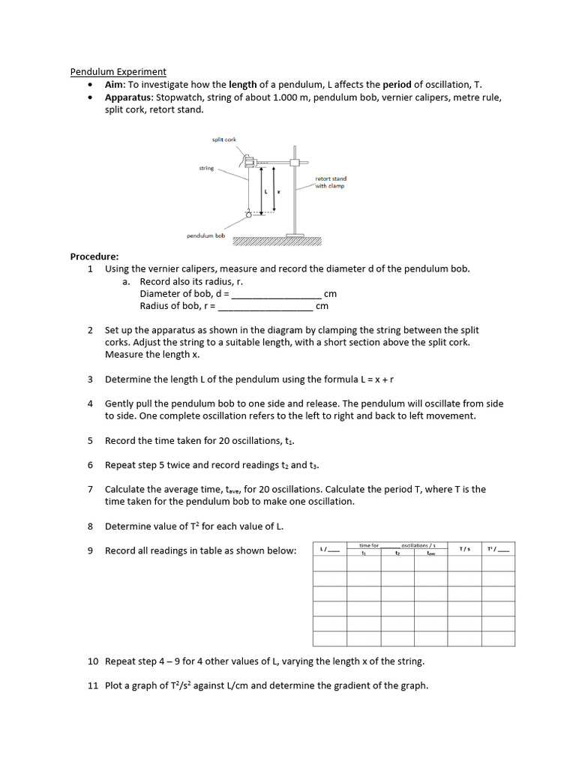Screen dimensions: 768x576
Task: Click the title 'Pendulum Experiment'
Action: pyautogui.click(x=118, y=72)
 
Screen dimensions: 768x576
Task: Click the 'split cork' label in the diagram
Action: pyautogui.click(x=224, y=139)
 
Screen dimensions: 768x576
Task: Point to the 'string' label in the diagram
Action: pyautogui.click(x=206, y=169)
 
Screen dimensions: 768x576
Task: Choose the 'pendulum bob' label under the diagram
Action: pyautogui.click(x=205, y=235)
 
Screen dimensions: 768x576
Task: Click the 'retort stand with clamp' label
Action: pyautogui.click(x=330, y=182)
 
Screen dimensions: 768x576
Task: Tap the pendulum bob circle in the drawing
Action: pyautogui.click(x=248, y=217)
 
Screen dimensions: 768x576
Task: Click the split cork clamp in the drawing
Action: pyautogui.click(x=250, y=160)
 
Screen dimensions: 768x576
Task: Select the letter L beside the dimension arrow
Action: pyautogui.click(x=266, y=192)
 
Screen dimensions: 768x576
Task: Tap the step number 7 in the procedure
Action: pyautogui.click(x=90, y=489)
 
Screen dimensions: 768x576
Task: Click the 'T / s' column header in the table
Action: pyautogui.click(x=464, y=550)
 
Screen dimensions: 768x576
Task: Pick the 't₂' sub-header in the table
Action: pyautogui.click(x=397, y=553)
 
